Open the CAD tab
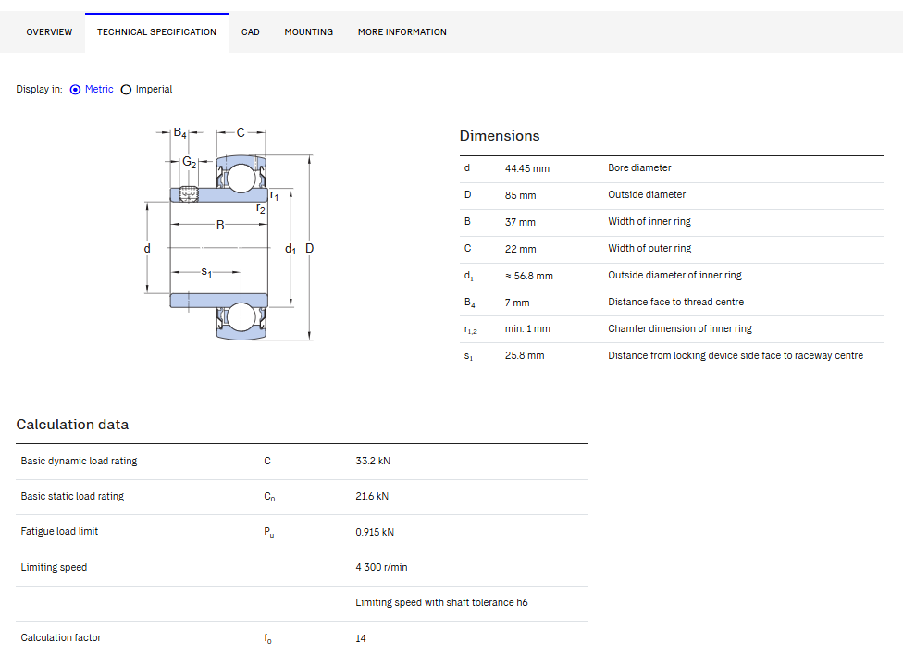[x=250, y=32]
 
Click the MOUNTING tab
[x=309, y=32]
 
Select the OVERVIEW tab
[x=50, y=32]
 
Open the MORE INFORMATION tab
[x=402, y=32]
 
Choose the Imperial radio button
[x=126, y=90]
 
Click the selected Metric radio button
[x=75, y=90]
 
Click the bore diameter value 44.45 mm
[x=527, y=168]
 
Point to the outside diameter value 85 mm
[x=520, y=196]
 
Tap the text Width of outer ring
[x=649, y=248]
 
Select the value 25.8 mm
[x=524, y=356]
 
